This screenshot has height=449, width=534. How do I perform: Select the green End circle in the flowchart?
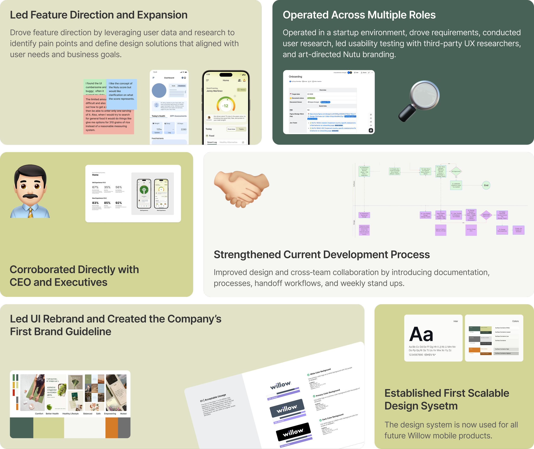pyautogui.click(x=486, y=185)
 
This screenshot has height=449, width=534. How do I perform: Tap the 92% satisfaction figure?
pyautogui.click(x=119, y=203)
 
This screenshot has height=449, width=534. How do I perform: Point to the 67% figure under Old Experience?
pyautogui.click(x=95, y=187)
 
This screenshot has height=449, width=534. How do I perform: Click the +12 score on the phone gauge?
pyautogui.click(x=226, y=106)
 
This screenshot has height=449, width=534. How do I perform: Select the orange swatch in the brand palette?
pyautogui.click(x=111, y=428)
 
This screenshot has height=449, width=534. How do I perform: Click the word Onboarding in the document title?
pyautogui.click(x=295, y=77)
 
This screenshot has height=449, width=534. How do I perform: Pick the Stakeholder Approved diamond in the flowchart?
pyautogui.click(x=486, y=215)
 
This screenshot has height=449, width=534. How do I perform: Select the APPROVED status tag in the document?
pyautogui.click(x=311, y=98)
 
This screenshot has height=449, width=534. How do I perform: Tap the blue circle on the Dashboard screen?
pyautogui.click(x=159, y=90)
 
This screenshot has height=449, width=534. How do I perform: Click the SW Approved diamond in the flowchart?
pyautogui.click(x=456, y=171)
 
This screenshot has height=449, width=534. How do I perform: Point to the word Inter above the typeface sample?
pyautogui.click(x=456, y=321)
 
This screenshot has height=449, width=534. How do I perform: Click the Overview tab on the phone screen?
pyautogui.click(x=231, y=129)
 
